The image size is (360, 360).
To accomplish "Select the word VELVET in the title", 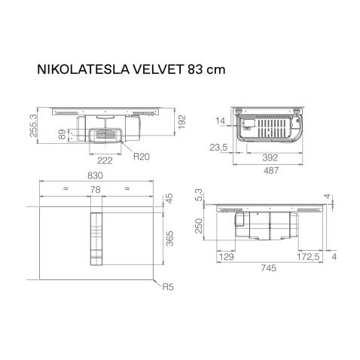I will click(x=154, y=68).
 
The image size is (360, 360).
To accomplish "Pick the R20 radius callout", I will click(x=142, y=157).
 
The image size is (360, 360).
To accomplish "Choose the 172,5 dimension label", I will click(x=305, y=258).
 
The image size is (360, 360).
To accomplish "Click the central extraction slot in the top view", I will click(x=96, y=239).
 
